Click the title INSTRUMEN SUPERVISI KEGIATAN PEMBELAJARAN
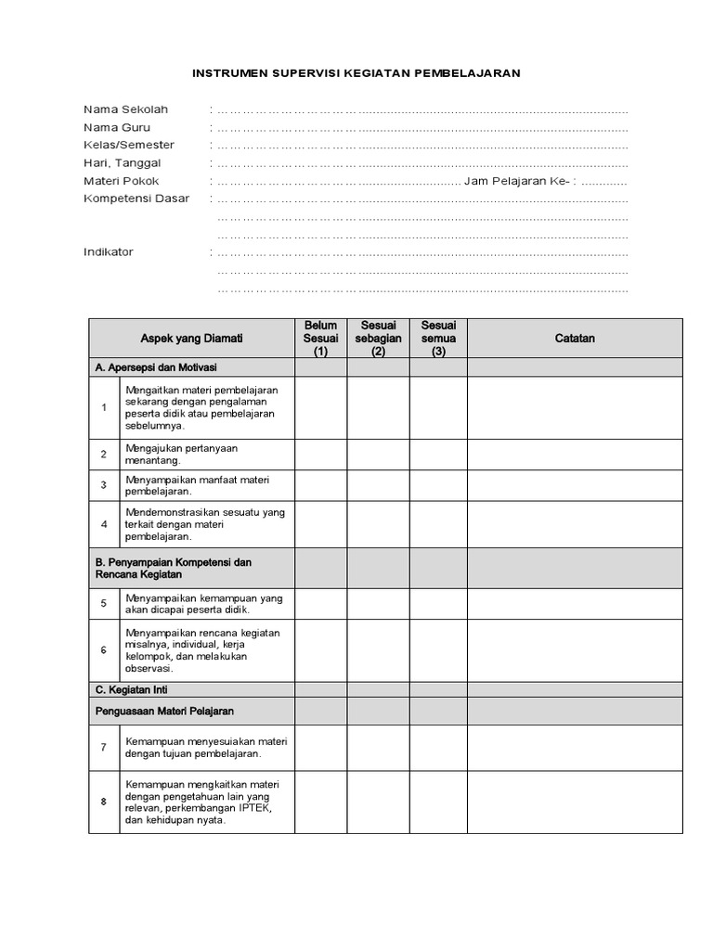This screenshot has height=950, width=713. (x=356, y=71)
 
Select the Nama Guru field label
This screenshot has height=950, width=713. (x=116, y=127)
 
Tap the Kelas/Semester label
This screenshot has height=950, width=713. (x=128, y=145)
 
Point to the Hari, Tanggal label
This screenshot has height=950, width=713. (x=122, y=162)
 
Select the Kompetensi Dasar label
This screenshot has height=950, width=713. (x=136, y=198)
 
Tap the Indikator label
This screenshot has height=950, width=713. (x=108, y=251)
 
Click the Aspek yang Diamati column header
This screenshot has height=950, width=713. (x=191, y=339)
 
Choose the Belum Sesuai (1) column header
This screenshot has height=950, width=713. (x=320, y=339)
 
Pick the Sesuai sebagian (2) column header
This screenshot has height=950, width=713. (x=378, y=339)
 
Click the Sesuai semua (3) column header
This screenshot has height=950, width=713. (x=438, y=339)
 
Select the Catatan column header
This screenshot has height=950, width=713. (x=574, y=339)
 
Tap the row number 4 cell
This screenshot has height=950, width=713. (x=104, y=524)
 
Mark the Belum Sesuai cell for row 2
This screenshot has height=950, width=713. (x=320, y=454)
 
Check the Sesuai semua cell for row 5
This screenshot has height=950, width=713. (x=438, y=604)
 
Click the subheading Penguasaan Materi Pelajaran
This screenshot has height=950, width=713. (x=164, y=711)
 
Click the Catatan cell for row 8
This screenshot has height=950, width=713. (x=574, y=802)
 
